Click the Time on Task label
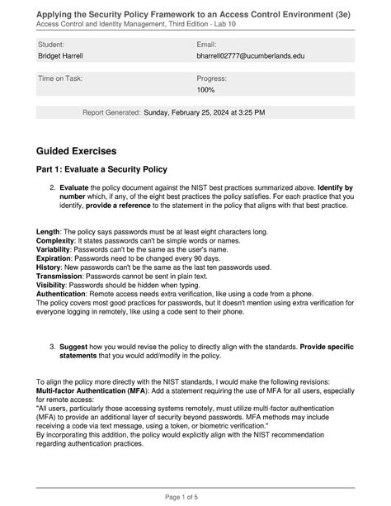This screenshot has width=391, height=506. (60, 78)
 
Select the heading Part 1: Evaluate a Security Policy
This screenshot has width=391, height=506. (101, 169)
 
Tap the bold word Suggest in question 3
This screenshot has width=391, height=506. (76, 348)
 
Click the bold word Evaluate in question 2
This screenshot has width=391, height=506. (77, 188)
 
